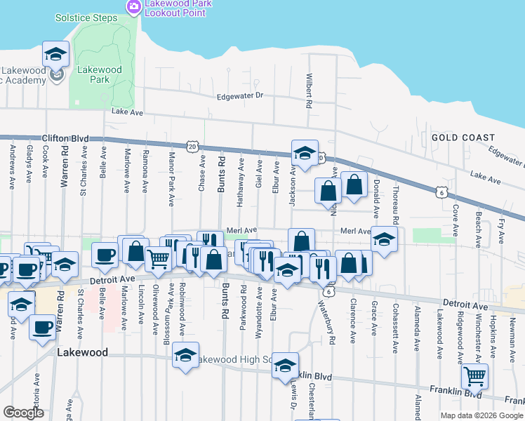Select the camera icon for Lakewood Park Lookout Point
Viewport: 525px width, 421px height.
133,6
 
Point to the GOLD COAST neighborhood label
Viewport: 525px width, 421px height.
463,138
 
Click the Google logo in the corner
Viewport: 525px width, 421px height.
23,413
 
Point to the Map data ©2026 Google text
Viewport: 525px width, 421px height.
481,415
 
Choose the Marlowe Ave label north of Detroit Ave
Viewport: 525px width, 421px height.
127,175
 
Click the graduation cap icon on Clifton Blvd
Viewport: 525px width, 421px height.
305,154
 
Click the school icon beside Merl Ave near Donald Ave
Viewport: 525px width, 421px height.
384,239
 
